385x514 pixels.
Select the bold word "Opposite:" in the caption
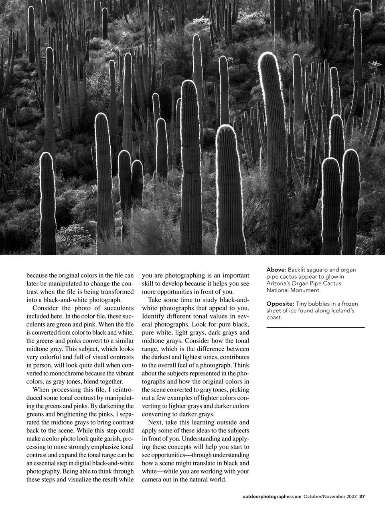[280, 304]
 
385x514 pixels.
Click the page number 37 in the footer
[362, 496]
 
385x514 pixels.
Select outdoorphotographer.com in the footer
[272, 496]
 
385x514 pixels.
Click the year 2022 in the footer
[350, 496]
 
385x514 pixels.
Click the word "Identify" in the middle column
[154, 316]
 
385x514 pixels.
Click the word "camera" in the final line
[153, 479]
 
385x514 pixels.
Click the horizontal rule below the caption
[315, 328]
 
